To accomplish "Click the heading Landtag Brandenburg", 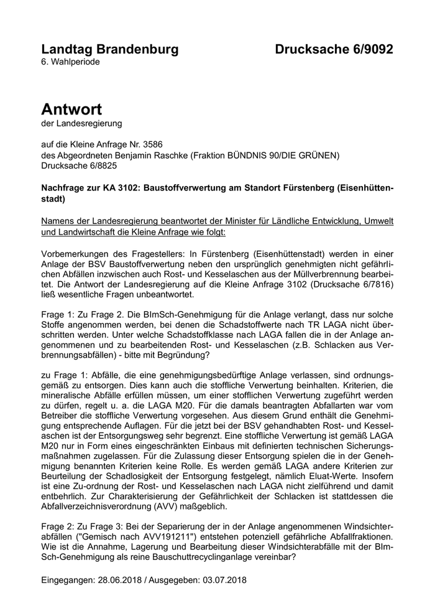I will pyautogui.click(x=109, y=49).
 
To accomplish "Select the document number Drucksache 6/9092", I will pyautogui.click(x=334, y=49).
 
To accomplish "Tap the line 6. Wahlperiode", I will pyautogui.click(x=70, y=62).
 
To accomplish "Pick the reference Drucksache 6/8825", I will pyautogui.click(x=79, y=167).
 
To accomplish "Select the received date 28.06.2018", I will pyautogui.click(x=121, y=580).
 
